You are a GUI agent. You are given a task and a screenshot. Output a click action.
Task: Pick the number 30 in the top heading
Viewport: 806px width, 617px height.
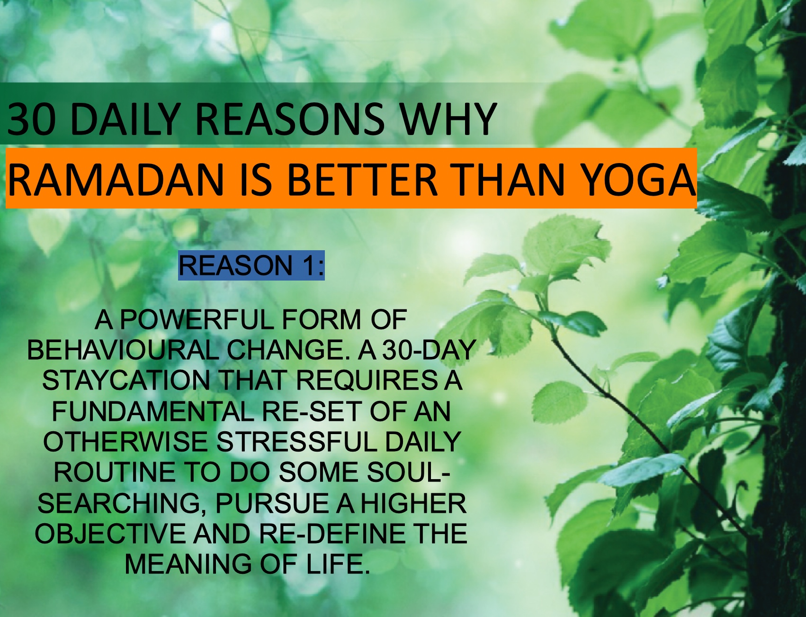pos(30,119)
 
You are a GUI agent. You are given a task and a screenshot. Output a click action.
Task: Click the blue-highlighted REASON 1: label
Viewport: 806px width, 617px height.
pos(251,265)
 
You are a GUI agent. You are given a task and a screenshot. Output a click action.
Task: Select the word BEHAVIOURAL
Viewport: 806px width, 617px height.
pos(123,350)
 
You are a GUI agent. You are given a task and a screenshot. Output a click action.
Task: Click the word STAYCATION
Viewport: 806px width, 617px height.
pos(126,381)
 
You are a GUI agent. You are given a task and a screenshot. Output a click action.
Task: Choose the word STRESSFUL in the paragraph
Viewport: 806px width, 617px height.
pos(296,442)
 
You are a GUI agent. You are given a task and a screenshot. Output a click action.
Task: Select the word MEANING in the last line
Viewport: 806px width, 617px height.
pos(188,564)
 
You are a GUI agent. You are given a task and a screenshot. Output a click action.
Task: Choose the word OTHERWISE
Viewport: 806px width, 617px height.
pos(125,442)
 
